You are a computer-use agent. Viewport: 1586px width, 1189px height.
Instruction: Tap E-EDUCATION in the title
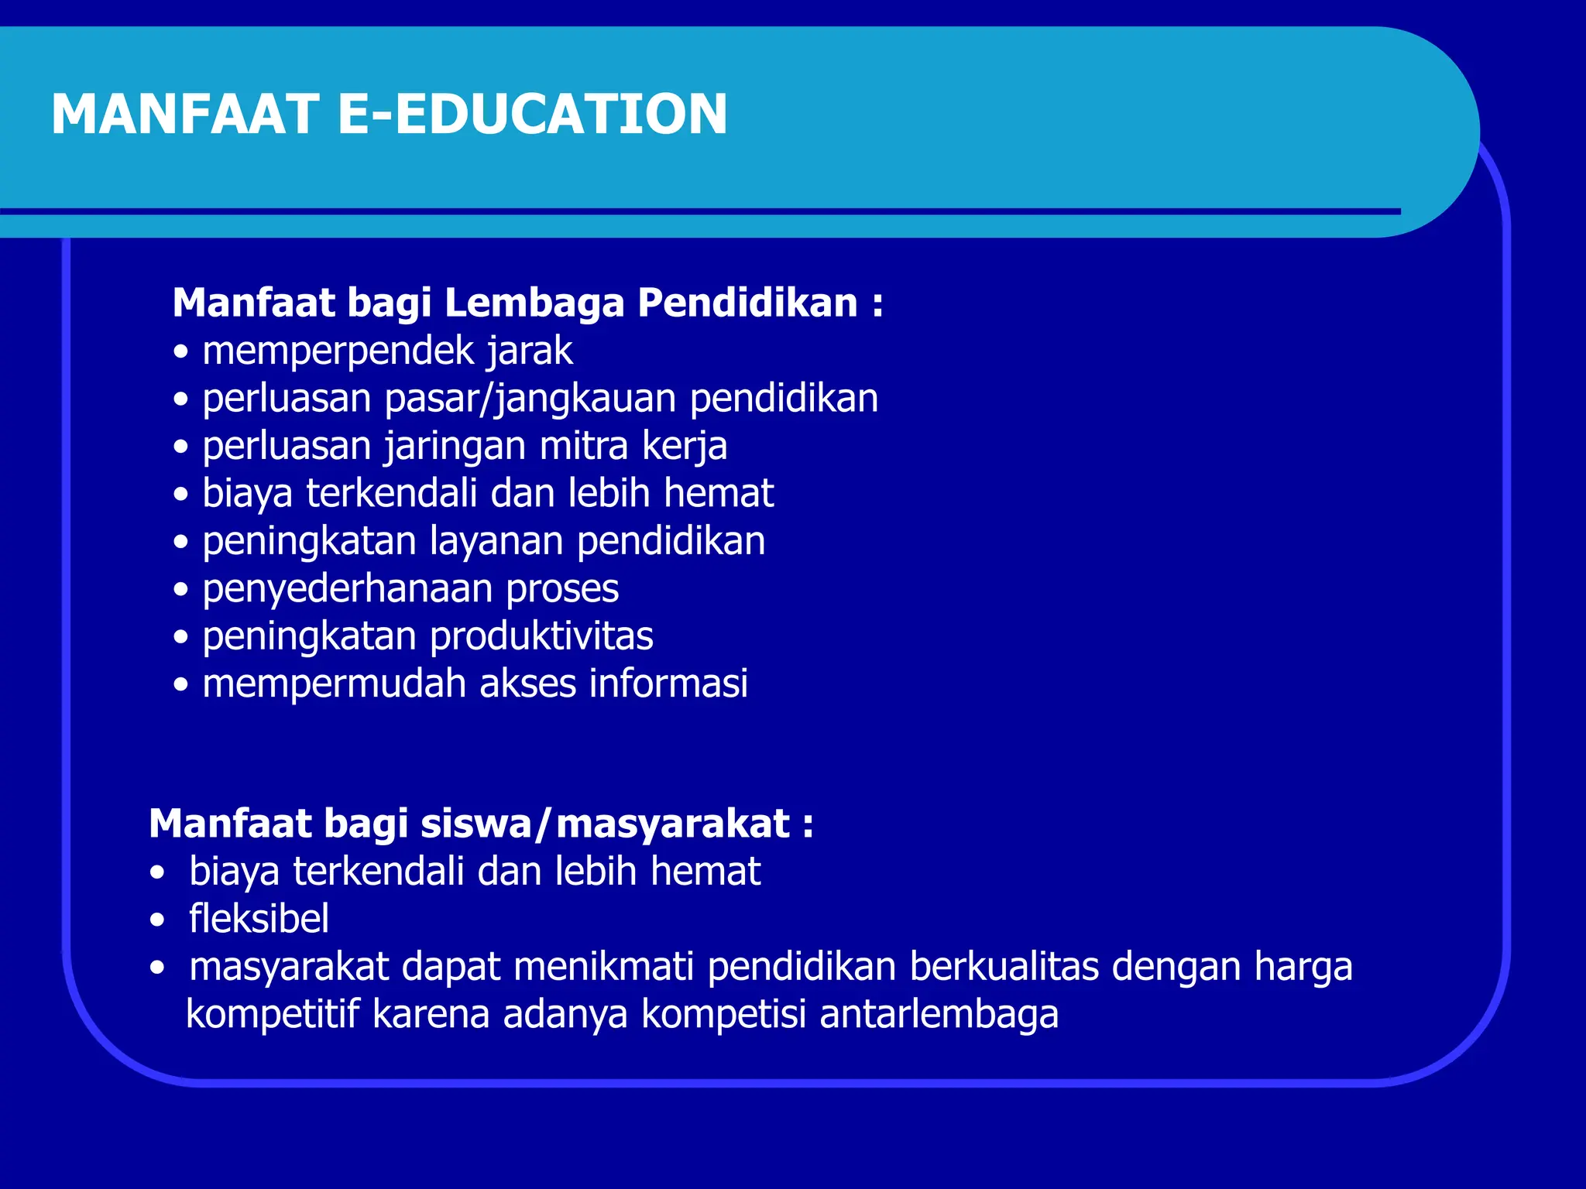pyautogui.click(x=533, y=115)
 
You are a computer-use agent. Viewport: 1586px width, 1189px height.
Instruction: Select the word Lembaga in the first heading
pyautogui.click(x=534, y=303)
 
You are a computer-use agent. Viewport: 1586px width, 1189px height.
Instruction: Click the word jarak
pyautogui.click(x=530, y=352)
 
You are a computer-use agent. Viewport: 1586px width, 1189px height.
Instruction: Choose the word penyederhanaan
pyautogui.click(x=347, y=590)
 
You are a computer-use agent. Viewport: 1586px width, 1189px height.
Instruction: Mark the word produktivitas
pyautogui.click(x=541, y=637)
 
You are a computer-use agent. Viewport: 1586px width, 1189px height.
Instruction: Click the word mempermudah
pyautogui.click(x=335, y=684)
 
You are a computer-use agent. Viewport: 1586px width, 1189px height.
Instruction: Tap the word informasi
pyautogui.click(x=668, y=684)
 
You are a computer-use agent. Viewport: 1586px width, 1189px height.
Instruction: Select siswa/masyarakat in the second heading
pyautogui.click(x=605, y=824)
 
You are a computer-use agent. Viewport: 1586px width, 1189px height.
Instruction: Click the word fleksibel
pyautogui.click(x=259, y=920)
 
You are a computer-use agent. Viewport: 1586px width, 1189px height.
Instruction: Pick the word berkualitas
pyautogui.click(x=1004, y=968)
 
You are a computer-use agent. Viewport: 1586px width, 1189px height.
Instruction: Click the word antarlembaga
pyautogui.click(x=939, y=1015)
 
